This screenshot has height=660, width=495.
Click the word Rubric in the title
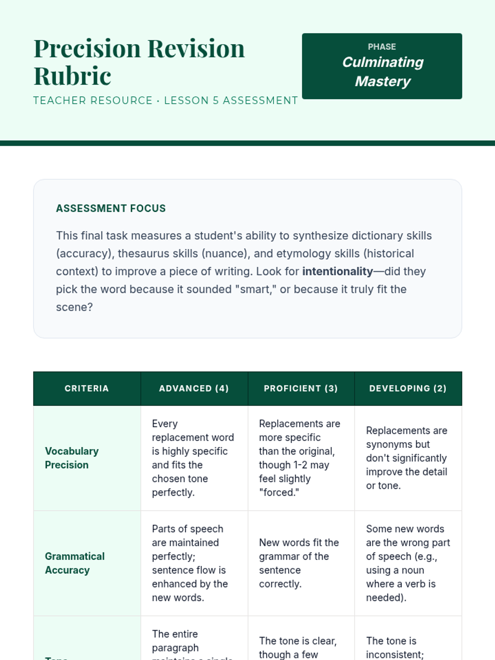72,76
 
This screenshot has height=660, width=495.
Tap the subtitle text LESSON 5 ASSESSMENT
231,101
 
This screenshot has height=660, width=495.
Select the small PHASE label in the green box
382,47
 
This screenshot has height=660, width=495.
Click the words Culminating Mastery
382,72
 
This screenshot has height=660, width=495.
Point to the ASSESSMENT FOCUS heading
111,208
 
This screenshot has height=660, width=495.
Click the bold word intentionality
337,271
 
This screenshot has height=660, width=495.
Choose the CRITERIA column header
87,389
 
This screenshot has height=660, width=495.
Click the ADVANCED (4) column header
194,389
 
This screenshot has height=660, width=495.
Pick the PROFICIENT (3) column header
301,389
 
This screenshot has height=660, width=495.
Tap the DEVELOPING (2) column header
408,389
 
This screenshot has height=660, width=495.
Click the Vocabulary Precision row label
72,458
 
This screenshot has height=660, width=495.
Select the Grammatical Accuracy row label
75,563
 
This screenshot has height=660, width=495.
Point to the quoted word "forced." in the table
279,493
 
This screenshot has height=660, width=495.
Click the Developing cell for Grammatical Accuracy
408,563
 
